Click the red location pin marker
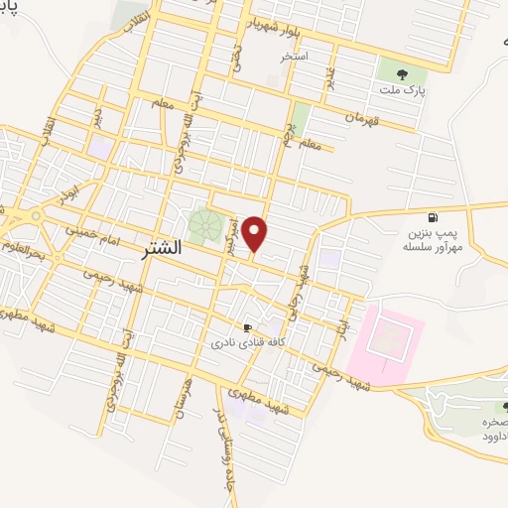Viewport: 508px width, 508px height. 256,234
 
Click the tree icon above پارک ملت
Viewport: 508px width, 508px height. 402,72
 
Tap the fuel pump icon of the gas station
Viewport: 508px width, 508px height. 432,218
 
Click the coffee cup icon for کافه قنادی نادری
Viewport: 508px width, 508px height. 248,326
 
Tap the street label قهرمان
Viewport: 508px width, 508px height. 362,118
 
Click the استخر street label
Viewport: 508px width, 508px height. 294,57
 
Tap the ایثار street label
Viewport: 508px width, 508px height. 343,327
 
